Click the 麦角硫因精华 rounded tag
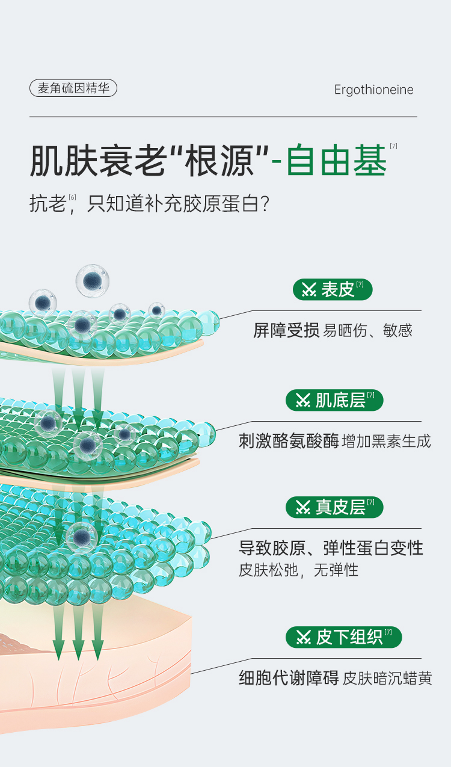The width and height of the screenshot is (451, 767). pos(73,88)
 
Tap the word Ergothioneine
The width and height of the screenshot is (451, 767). pos(373,90)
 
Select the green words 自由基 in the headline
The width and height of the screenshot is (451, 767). pos(337,159)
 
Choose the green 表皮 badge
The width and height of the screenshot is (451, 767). pos(333,289)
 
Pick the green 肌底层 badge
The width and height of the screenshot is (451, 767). pos(334,399)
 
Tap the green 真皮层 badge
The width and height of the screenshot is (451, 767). pos(334,507)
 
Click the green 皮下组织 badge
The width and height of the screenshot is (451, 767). pos(343,636)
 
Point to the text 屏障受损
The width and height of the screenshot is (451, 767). pos(286,330)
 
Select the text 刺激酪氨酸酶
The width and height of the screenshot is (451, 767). pos(289,441)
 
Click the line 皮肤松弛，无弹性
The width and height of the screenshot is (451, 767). pos(298,570)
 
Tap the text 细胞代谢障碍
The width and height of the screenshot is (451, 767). pos(289,678)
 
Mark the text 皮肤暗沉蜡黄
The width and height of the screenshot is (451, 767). pos(387,679)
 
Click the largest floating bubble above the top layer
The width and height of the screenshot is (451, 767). pos(92,280)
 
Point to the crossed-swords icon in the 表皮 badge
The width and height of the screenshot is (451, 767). pos(309,290)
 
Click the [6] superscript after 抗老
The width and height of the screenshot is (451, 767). pos(72,197)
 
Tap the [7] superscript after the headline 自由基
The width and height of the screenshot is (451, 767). pos(393,146)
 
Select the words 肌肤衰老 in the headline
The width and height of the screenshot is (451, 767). pos(96,159)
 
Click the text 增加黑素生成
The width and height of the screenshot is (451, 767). pos(386,442)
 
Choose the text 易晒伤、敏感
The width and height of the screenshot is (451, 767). pos(368,330)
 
